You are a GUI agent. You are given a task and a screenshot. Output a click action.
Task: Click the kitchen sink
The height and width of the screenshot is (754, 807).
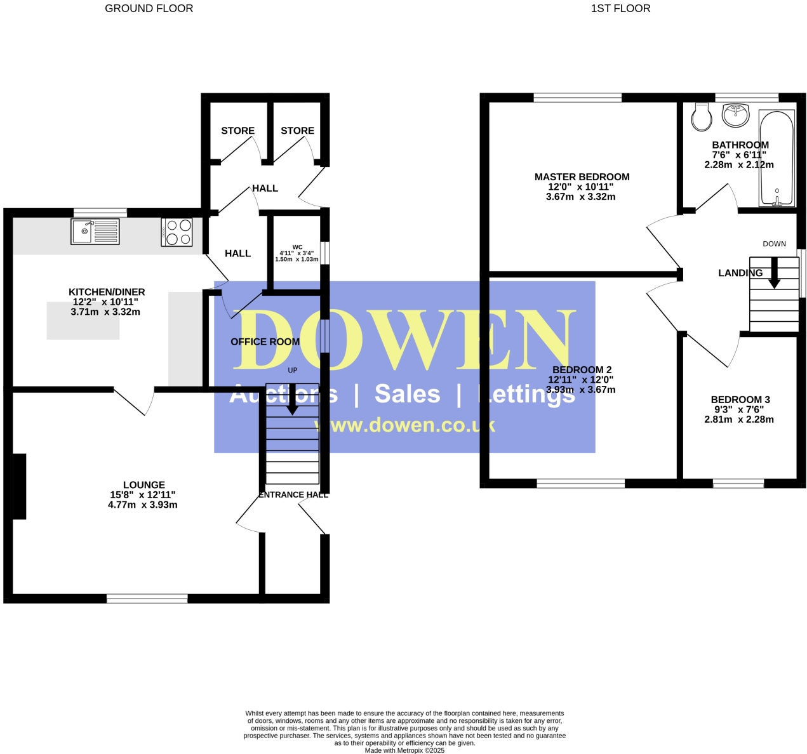click(x=95, y=232)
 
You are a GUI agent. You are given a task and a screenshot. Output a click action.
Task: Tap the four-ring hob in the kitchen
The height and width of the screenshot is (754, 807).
click(x=177, y=232)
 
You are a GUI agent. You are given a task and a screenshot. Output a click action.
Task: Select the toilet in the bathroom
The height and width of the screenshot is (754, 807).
click(x=702, y=117)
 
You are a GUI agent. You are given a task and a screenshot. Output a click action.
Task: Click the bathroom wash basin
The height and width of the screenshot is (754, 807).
click(x=736, y=115)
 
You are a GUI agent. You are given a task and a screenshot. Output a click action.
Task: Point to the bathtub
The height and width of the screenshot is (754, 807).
click(x=777, y=159)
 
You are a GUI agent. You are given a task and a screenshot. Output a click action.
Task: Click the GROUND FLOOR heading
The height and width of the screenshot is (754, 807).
click(x=149, y=8)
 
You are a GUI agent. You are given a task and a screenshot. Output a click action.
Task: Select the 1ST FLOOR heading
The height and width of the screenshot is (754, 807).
click(x=620, y=8)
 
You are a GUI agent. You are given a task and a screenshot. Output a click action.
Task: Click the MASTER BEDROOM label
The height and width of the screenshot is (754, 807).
click(x=582, y=177)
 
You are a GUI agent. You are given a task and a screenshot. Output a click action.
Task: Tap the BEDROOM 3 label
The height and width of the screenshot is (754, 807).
click(x=740, y=400)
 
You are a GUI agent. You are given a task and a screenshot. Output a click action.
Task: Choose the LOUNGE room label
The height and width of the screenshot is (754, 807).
click(x=144, y=485)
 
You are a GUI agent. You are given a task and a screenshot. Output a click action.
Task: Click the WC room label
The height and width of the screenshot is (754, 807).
click(x=297, y=247)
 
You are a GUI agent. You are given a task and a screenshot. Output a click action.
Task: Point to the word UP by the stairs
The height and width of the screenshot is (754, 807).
click(x=293, y=370)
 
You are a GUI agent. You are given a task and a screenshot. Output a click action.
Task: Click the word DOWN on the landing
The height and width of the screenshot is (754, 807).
click(x=774, y=244)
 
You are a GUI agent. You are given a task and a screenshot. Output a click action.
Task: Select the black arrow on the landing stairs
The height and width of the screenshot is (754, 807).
click(x=774, y=274)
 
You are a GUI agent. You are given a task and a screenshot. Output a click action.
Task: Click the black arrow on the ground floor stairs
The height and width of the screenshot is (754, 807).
click(x=292, y=399)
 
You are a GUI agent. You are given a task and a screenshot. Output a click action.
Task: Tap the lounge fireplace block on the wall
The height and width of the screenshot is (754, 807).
click(x=20, y=486)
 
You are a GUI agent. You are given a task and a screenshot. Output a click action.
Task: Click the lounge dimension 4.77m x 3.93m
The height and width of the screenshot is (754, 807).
click(x=143, y=505)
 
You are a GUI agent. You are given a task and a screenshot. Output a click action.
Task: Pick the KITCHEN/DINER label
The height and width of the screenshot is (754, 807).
click(x=107, y=292)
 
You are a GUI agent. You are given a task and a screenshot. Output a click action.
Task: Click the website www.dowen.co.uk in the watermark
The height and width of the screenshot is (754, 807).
click(x=405, y=425)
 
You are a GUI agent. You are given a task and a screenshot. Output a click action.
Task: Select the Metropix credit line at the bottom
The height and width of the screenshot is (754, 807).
click(x=404, y=750)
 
